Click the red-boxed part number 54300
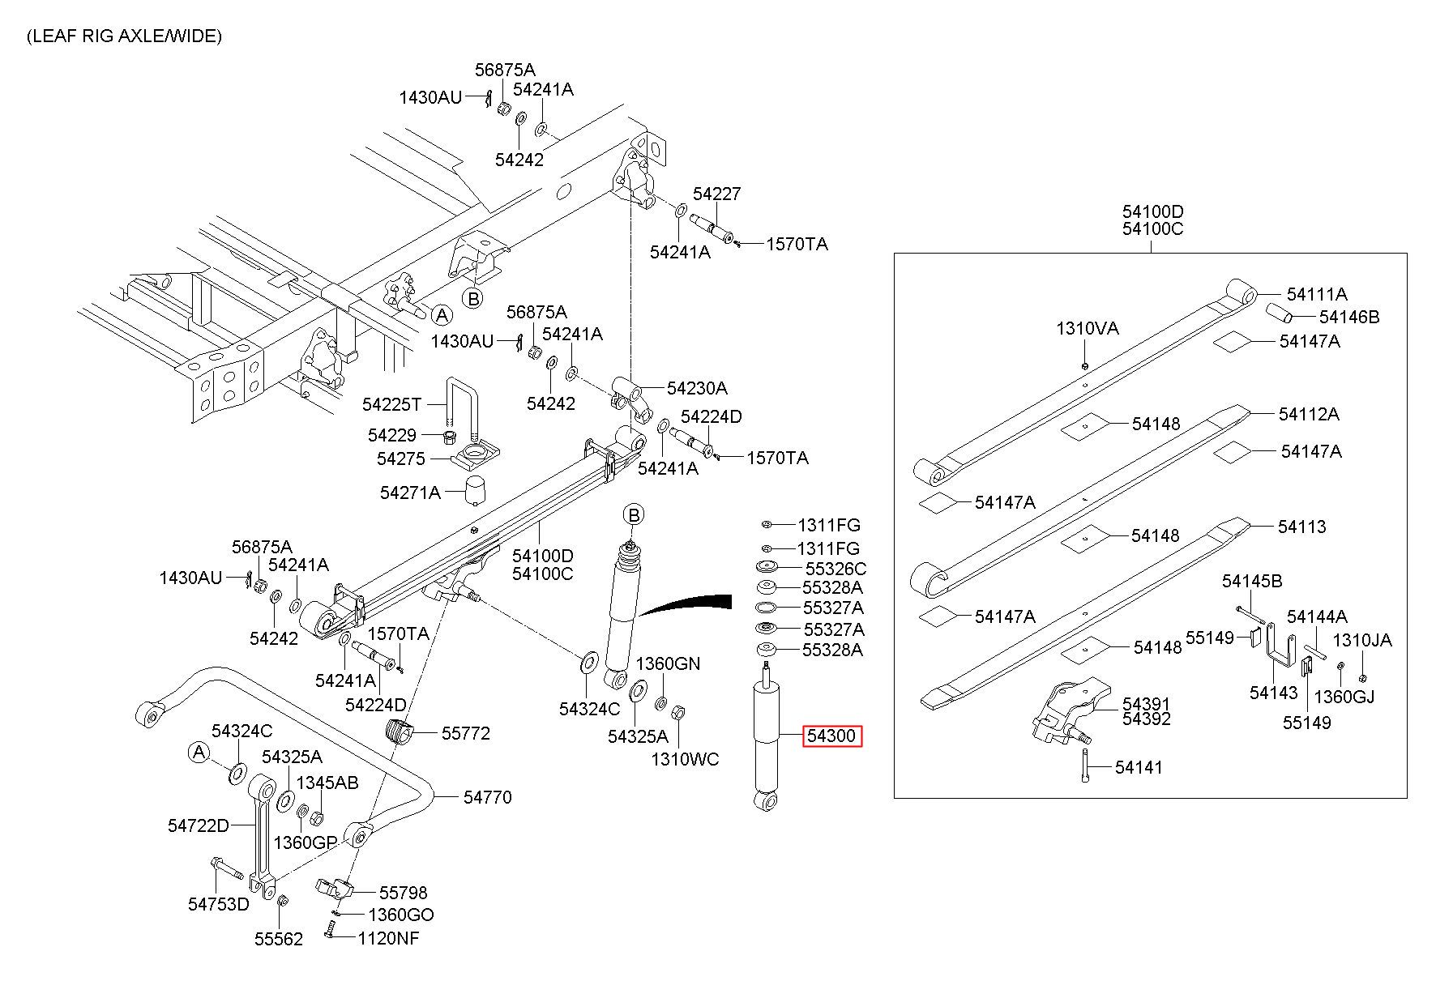click(x=832, y=736)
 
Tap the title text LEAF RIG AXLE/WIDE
click(x=124, y=36)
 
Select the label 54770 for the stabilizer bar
click(x=488, y=797)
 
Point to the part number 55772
click(x=466, y=733)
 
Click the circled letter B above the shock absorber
click(x=634, y=514)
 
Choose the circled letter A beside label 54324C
click(x=199, y=753)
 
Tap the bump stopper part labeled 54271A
click(x=474, y=489)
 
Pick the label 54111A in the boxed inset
click(x=1317, y=294)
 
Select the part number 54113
click(x=1302, y=527)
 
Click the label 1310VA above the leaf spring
click(x=1087, y=328)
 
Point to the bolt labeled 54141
click(x=1083, y=766)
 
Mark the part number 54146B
click(x=1349, y=317)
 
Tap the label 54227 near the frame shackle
click(x=716, y=194)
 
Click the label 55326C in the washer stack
click(x=836, y=569)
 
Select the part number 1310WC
click(x=686, y=759)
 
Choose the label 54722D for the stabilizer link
click(x=199, y=825)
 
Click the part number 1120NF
click(x=389, y=938)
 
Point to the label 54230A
click(x=697, y=388)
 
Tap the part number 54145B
click(x=1252, y=581)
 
